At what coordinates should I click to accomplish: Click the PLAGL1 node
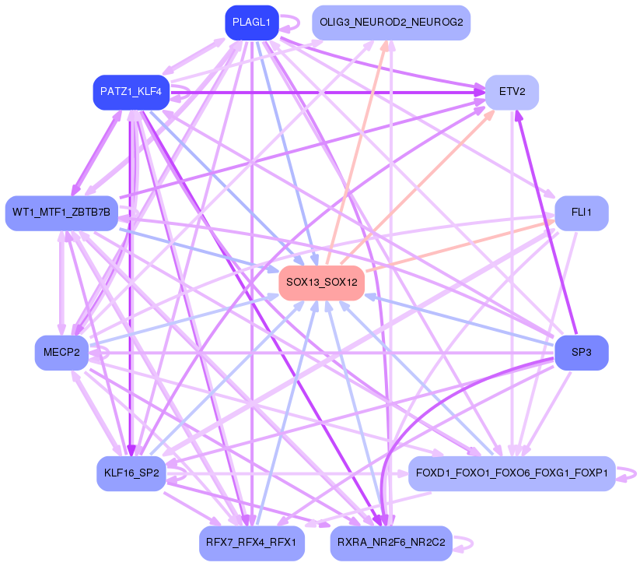click(x=251, y=23)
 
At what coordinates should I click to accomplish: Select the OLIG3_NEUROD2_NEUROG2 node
click(x=391, y=23)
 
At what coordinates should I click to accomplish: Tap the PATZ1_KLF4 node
click(x=131, y=92)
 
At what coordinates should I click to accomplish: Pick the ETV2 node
click(x=512, y=92)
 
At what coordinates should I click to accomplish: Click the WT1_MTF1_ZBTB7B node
click(x=61, y=213)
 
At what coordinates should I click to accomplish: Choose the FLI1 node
click(x=581, y=213)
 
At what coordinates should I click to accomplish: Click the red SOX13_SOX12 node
click(x=321, y=282)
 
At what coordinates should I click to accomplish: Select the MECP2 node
click(x=61, y=353)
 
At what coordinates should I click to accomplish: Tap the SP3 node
click(x=581, y=353)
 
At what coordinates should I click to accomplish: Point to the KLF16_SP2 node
click(x=131, y=473)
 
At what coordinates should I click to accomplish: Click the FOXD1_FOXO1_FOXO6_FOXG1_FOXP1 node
click(x=512, y=473)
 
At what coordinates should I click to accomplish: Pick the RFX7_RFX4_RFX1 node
click(x=251, y=542)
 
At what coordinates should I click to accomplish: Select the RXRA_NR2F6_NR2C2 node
click(x=391, y=542)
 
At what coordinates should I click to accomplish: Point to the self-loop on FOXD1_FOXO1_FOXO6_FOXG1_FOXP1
click(x=631, y=473)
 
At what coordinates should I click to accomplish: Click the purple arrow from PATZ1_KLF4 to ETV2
click(x=327, y=92)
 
